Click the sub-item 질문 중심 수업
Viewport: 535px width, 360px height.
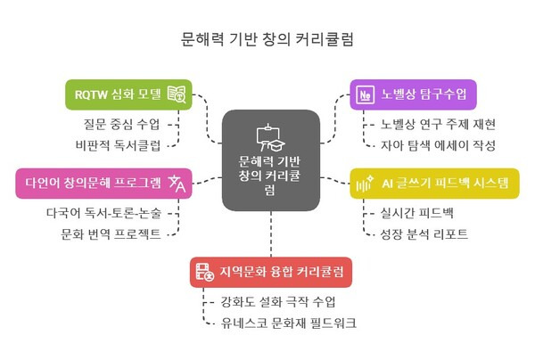pos(117,124)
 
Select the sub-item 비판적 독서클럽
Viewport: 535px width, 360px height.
pos(117,144)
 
